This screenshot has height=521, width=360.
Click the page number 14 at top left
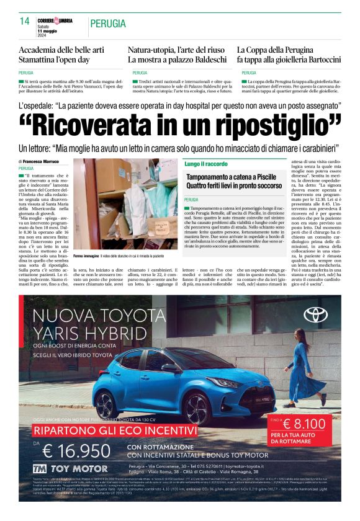[25, 21]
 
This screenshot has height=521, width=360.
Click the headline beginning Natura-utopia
[177, 55]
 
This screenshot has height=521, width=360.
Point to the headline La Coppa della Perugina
[289, 55]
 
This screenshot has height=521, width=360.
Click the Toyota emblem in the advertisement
[315, 314]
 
